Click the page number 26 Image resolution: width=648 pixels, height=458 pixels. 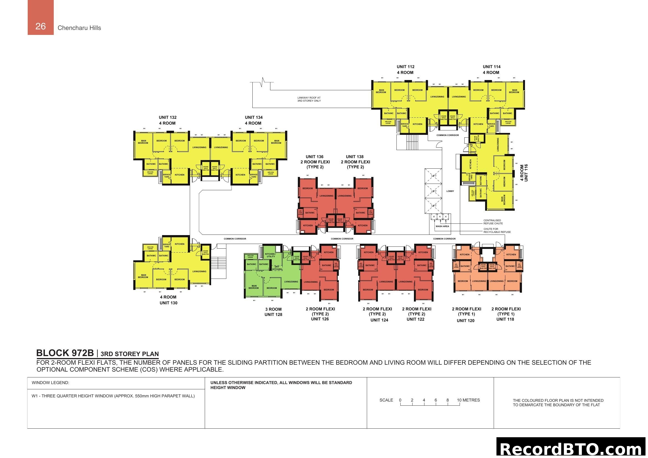[x=40, y=26]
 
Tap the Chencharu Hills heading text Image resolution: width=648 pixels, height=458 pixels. [x=79, y=28]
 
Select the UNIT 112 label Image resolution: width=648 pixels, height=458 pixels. [x=405, y=67]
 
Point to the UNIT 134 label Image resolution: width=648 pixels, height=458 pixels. [x=253, y=117]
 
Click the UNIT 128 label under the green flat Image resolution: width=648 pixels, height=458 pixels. [x=273, y=315]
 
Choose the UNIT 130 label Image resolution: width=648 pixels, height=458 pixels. [x=168, y=303]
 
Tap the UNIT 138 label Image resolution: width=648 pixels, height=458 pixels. [x=355, y=157]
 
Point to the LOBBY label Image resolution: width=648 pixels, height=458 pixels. [x=450, y=191]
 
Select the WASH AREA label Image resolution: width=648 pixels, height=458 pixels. [x=442, y=226]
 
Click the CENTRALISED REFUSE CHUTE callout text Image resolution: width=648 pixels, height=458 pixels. [x=493, y=222]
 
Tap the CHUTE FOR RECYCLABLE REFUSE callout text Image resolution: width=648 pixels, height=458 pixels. [x=497, y=230]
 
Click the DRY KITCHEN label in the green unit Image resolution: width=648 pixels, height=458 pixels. [x=277, y=268]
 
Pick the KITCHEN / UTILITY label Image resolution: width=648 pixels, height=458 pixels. [x=270, y=255]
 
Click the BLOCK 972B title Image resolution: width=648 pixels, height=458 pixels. [x=65, y=353]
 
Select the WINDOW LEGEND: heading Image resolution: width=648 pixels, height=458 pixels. [x=50, y=383]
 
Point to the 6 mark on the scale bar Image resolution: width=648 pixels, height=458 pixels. [x=436, y=400]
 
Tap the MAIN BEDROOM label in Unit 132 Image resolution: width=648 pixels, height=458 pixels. [x=143, y=142]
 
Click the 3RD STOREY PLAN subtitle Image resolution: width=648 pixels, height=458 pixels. [x=130, y=354]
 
